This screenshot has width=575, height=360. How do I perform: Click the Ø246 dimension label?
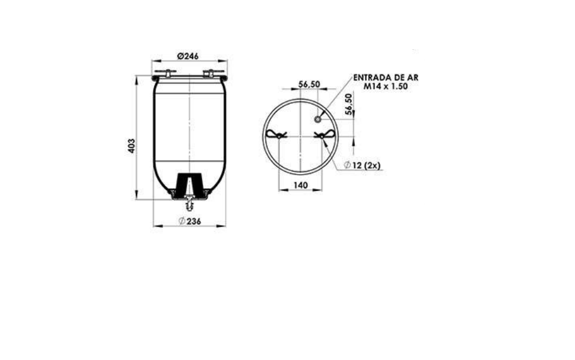[x=188, y=56]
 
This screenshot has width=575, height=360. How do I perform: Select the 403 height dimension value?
[x=131, y=146]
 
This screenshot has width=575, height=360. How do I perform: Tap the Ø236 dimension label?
[x=190, y=221]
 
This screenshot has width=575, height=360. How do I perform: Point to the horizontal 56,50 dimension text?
[x=309, y=84]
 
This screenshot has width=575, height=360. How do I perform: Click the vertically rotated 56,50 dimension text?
[x=348, y=104]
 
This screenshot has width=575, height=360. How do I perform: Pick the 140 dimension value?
[x=300, y=185]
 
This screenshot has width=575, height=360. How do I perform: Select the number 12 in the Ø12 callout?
[x=357, y=166]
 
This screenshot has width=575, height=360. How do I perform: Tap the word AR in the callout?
[x=413, y=77]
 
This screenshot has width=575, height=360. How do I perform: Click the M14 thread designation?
[x=372, y=86]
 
